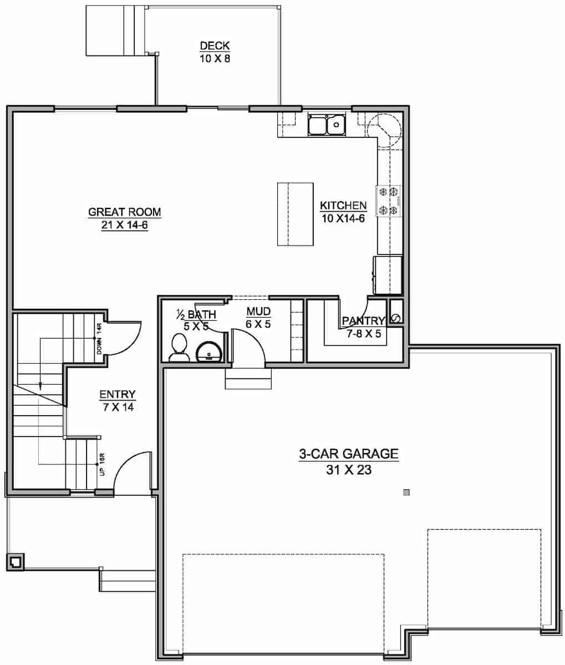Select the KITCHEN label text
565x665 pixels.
pos(343,206)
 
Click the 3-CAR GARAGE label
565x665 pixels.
pos(349,454)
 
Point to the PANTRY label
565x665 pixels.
pos(363,321)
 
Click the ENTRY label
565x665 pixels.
pos(118,395)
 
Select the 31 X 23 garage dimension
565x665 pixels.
pos(349,471)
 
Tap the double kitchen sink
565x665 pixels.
pos(327,125)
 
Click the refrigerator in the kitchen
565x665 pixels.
pos(388,275)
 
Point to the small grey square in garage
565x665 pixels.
pos(406,492)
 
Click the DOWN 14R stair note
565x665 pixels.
pos(99,340)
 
